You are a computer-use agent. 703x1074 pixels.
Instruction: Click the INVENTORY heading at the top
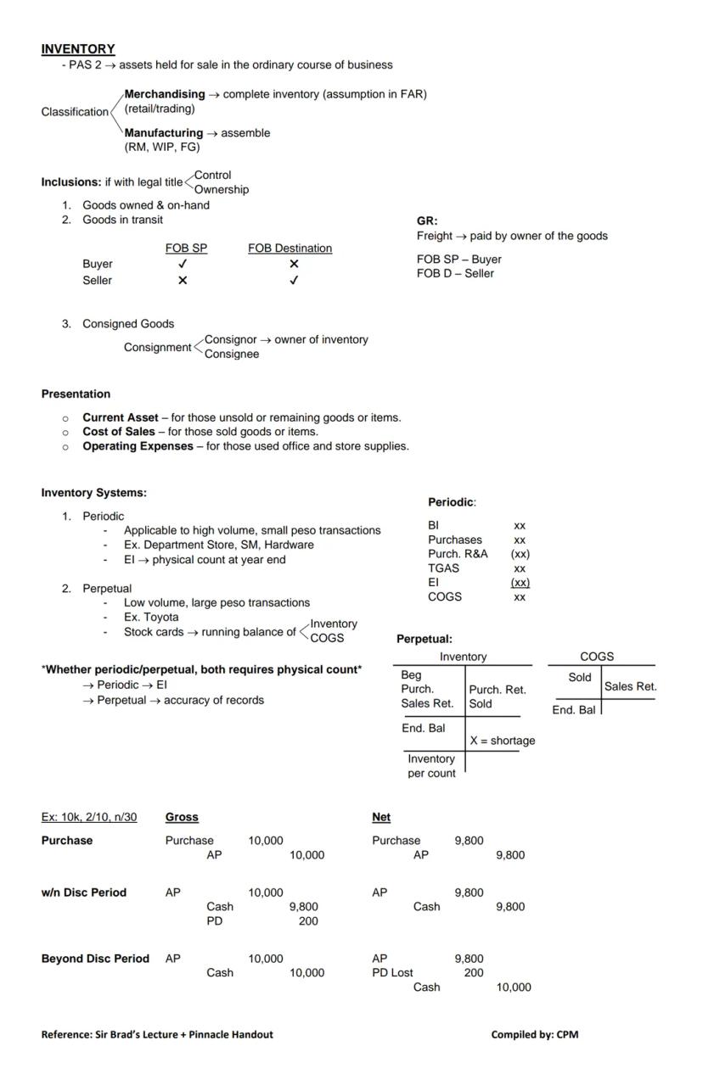pos(78,49)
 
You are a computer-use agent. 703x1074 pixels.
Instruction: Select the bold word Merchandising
pos(165,94)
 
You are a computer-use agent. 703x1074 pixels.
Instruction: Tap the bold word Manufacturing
pos(164,133)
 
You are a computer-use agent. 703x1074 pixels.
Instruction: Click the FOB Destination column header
pos(290,249)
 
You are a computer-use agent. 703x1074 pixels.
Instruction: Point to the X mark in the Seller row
pos(183,281)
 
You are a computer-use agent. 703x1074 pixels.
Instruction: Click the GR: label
pos(427,221)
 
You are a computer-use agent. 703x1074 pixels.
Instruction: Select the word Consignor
pos(230,339)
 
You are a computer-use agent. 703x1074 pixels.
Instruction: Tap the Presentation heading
pos(76,394)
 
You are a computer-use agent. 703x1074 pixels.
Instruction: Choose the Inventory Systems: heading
pos(93,493)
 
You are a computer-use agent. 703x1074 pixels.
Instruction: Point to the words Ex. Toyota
pos(151,617)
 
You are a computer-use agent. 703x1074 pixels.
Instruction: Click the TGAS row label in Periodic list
pos(443,568)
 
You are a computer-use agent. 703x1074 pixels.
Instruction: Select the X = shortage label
pos(503,741)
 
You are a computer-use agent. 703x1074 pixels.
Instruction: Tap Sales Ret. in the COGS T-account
pos(630,687)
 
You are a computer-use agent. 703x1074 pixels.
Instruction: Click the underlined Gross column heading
pos(182,817)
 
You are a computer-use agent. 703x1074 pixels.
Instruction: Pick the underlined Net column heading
pos(381,817)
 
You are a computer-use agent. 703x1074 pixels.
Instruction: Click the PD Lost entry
pos(392,973)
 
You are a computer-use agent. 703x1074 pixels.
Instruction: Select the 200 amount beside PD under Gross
pos(308,920)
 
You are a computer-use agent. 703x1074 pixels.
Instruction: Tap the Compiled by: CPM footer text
pos(534,1034)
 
